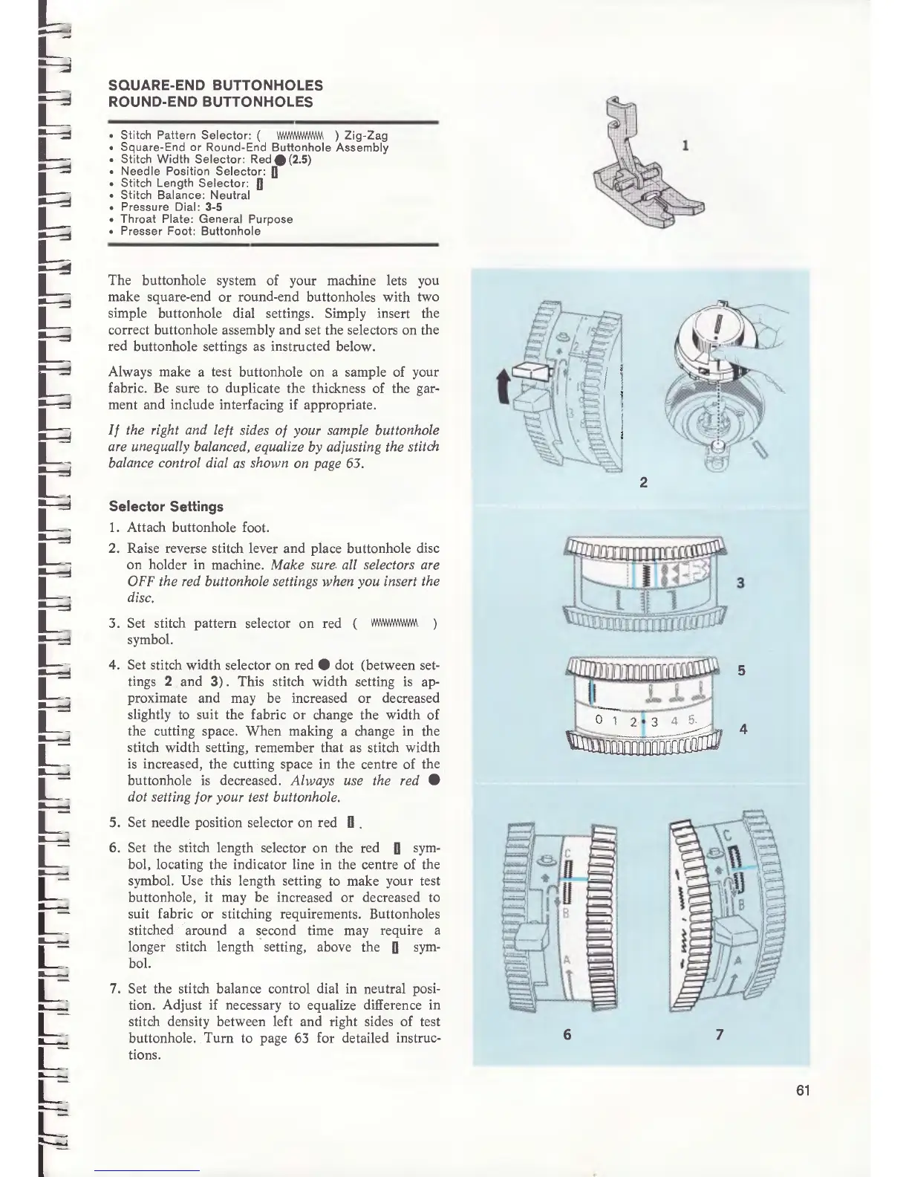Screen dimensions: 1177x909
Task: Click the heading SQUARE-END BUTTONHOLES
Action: click(x=215, y=85)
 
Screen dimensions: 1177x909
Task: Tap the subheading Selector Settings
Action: click(x=166, y=507)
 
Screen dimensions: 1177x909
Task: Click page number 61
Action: click(x=801, y=1091)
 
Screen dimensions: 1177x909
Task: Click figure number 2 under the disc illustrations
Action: click(x=643, y=483)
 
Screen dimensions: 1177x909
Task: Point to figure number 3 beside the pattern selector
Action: click(x=740, y=583)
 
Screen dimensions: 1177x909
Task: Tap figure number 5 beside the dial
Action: click(x=740, y=671)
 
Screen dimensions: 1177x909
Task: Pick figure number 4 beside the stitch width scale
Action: click(x=743, y=729)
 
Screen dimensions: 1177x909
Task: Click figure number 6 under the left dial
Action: click(x=567, y=1034)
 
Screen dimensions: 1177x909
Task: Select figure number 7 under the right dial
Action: click(x=720, y=1034)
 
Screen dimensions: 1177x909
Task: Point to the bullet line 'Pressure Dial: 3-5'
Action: click(x=172, y=207)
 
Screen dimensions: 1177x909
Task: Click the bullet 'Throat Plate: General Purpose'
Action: click(x=206, y=219)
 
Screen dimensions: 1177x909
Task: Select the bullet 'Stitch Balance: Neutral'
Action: click(x=185, y=195)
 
